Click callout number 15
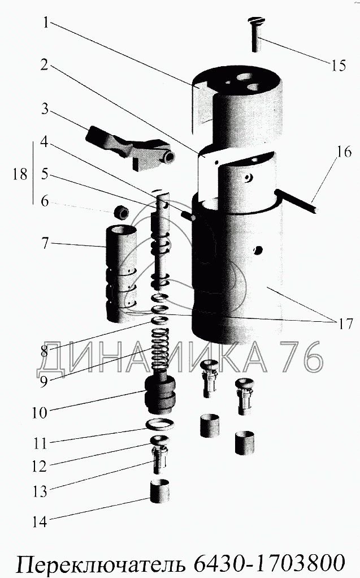tap(337, 65)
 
